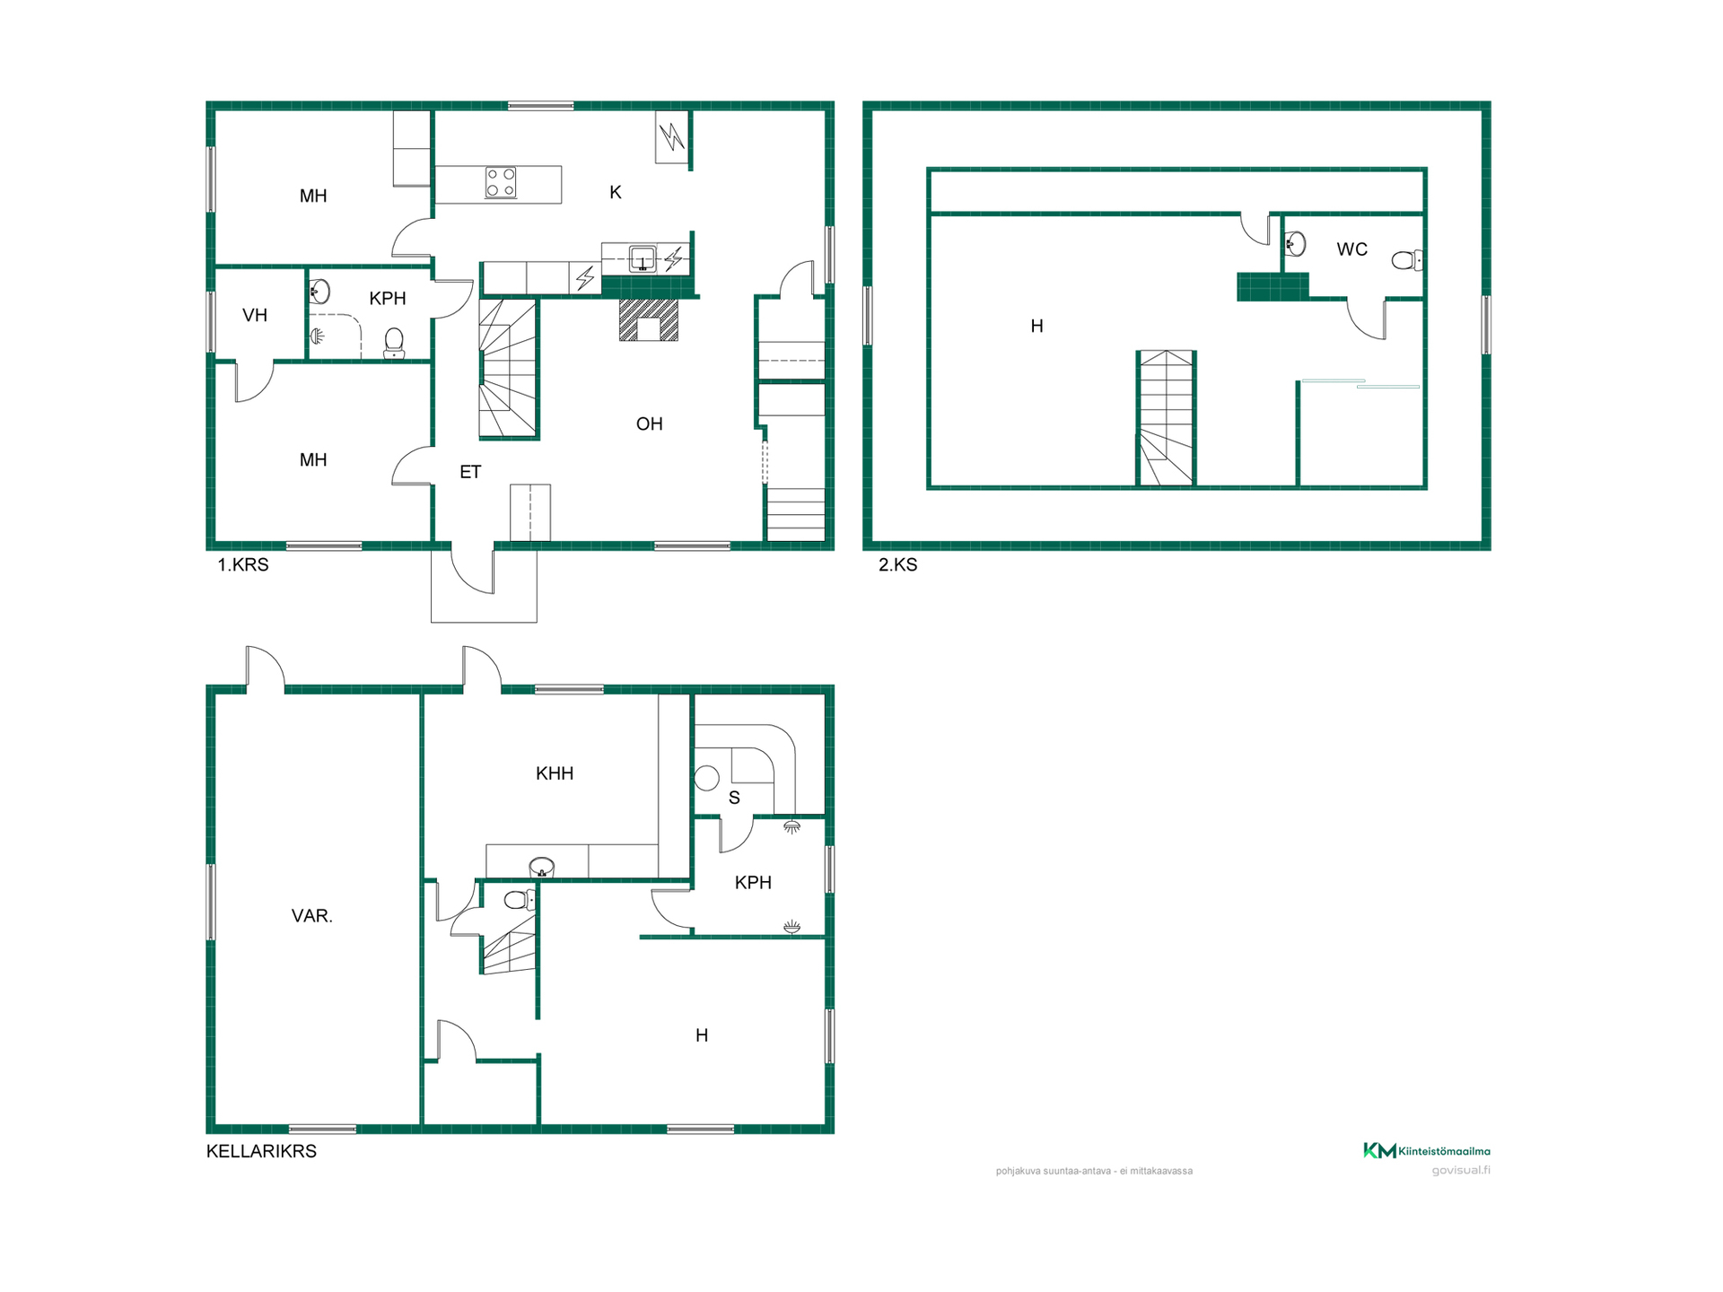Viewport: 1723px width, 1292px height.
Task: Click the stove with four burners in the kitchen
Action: [501, 182]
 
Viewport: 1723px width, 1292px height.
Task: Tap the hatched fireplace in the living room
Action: [649, 320]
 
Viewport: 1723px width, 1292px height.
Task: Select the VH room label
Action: [255, 315]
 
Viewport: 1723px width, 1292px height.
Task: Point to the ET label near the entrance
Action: [470, 472]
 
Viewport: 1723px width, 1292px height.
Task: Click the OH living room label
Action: [649, 423]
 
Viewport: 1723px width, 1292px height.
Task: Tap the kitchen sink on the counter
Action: [643, 258]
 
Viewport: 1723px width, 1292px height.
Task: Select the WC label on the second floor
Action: [1351, 249]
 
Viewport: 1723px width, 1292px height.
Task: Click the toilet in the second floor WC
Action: [1406, 260]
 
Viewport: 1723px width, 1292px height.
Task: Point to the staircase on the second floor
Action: [1166, 418]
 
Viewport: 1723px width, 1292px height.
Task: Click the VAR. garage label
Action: [311, 916]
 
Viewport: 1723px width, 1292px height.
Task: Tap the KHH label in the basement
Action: [554, 773]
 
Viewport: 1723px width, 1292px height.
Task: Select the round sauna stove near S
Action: [707, 778]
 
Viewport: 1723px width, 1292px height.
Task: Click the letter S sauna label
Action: [734, 798]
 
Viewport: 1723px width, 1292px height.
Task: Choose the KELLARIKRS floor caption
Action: [261, 1151]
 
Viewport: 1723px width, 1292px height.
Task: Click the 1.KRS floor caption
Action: [242, 564]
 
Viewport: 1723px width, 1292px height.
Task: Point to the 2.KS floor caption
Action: [897, 564]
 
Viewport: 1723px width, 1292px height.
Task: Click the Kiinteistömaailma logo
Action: [1427, 1150]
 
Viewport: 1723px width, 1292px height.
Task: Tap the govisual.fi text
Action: [1461, 1170]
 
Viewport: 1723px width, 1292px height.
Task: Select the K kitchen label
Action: [616, 192]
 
